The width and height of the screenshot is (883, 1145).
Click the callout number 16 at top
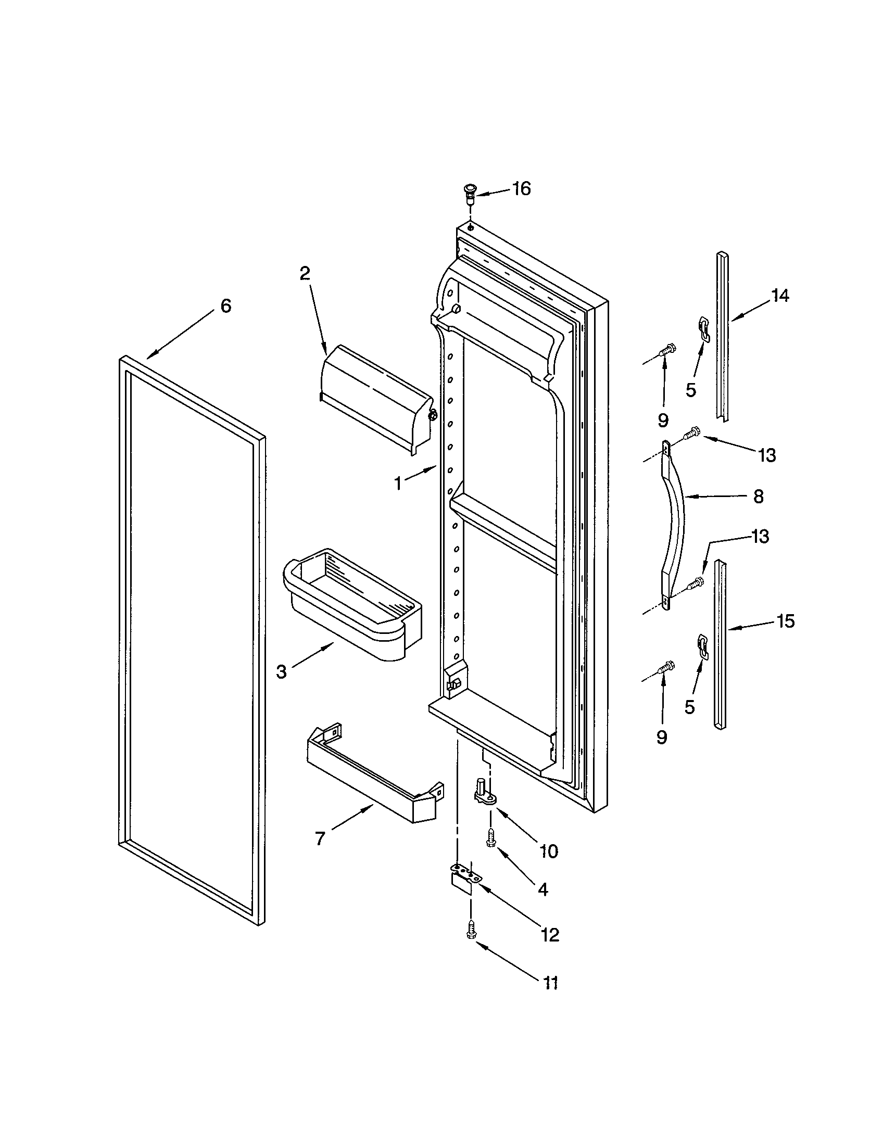(521, 188)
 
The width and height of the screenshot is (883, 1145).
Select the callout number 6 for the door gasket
(225, 306)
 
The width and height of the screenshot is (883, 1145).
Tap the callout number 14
(780, 296)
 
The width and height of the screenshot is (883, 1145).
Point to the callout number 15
(786, 621)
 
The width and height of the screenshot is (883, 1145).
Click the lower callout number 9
(662, 737)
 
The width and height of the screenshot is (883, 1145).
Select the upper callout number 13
(766, 455)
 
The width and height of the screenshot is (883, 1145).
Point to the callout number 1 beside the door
(398, 483)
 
